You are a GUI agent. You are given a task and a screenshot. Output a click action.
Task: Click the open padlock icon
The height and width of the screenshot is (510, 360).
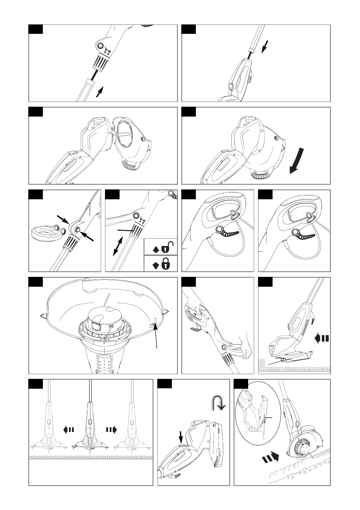[x=170, y=247]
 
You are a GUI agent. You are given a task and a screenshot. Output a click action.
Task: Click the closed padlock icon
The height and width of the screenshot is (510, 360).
[x=166, y=264]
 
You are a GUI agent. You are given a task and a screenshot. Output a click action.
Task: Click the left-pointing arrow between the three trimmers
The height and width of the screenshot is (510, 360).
[x=69, y=429]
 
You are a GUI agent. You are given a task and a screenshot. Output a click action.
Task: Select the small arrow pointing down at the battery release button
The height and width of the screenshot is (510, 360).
[x=180, y=437]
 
